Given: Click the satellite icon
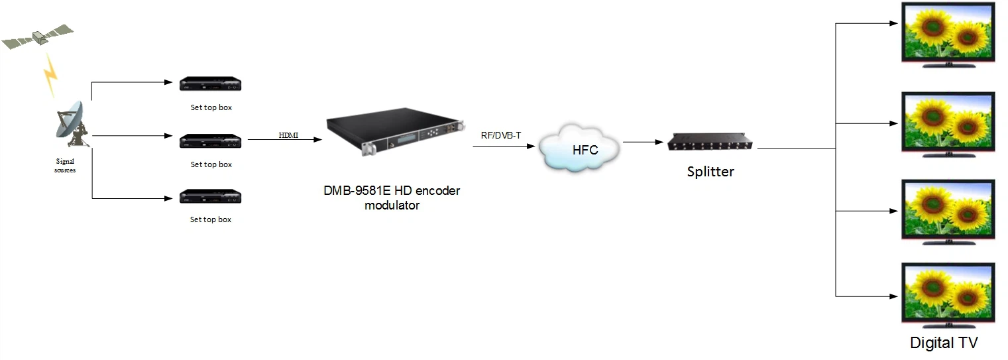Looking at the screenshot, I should pos(38,37).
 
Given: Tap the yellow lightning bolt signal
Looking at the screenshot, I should pos(51,74).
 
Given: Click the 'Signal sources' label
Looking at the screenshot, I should pos(65,166).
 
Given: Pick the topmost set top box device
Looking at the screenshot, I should pos(210,84).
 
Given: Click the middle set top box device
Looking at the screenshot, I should pos(210,141).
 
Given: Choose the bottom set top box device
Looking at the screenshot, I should pos(210,197).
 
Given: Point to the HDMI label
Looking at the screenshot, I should pos(288,135).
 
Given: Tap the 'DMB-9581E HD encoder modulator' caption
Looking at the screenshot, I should pos(392,198).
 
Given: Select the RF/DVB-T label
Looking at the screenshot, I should pos(501,135).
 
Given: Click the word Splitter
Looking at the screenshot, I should pos(710,172).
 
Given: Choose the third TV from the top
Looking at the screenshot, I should pos(948,209).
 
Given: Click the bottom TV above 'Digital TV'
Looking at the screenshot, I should pos(948,293).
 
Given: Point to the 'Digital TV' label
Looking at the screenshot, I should pos(944,343).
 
